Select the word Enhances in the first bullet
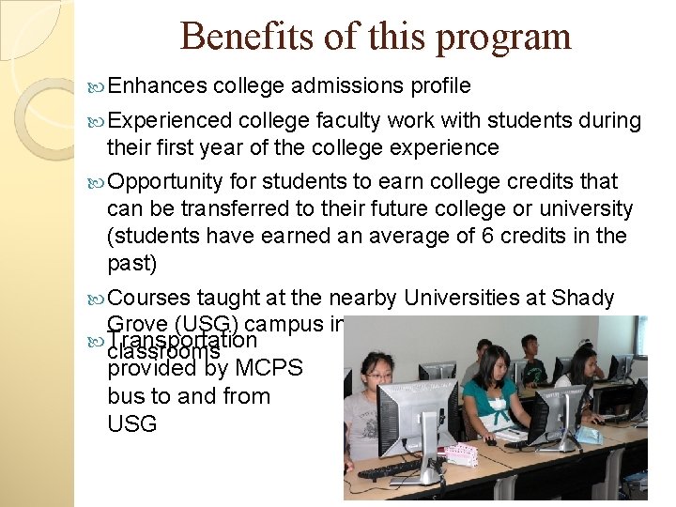pyautogui.click(x=157, y=86)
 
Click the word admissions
pyautogui.click(x=348, y=86)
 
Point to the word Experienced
pyautogui.click(x=170, y=120)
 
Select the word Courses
pyautogui.click(x=149, y=298)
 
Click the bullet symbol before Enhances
pyautogui.click(x=98, y=87)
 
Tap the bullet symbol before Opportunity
pyautogui.click(x=98, y=181)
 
